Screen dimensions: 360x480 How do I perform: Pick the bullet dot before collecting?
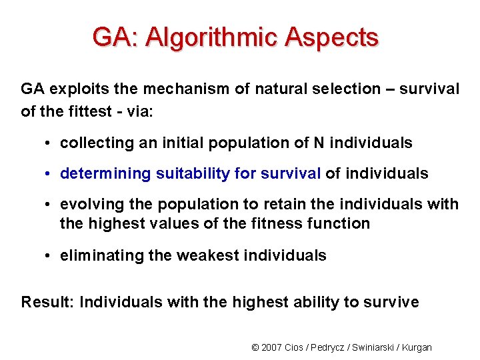coord(50,143)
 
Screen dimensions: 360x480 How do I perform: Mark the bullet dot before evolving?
coord(50,205)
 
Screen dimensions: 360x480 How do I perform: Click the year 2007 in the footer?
coord(272,347)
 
